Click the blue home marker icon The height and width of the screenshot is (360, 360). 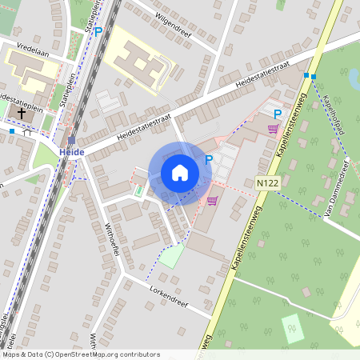pos(180,173)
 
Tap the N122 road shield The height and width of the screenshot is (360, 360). pos(267,184)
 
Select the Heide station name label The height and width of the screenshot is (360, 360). pos(71,152)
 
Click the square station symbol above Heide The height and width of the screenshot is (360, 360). pos(71,140)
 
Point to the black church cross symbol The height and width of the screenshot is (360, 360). pos(21,114)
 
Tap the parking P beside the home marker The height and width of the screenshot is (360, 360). pos(209,160)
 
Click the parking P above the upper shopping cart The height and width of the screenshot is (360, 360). pos(278,114)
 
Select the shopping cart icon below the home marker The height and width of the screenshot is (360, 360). pos(212,201)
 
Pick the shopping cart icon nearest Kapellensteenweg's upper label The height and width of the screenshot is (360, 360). pos(274,128)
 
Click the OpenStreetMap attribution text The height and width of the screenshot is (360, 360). pos(80,354)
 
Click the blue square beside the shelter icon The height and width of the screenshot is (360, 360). pos(12,130)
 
